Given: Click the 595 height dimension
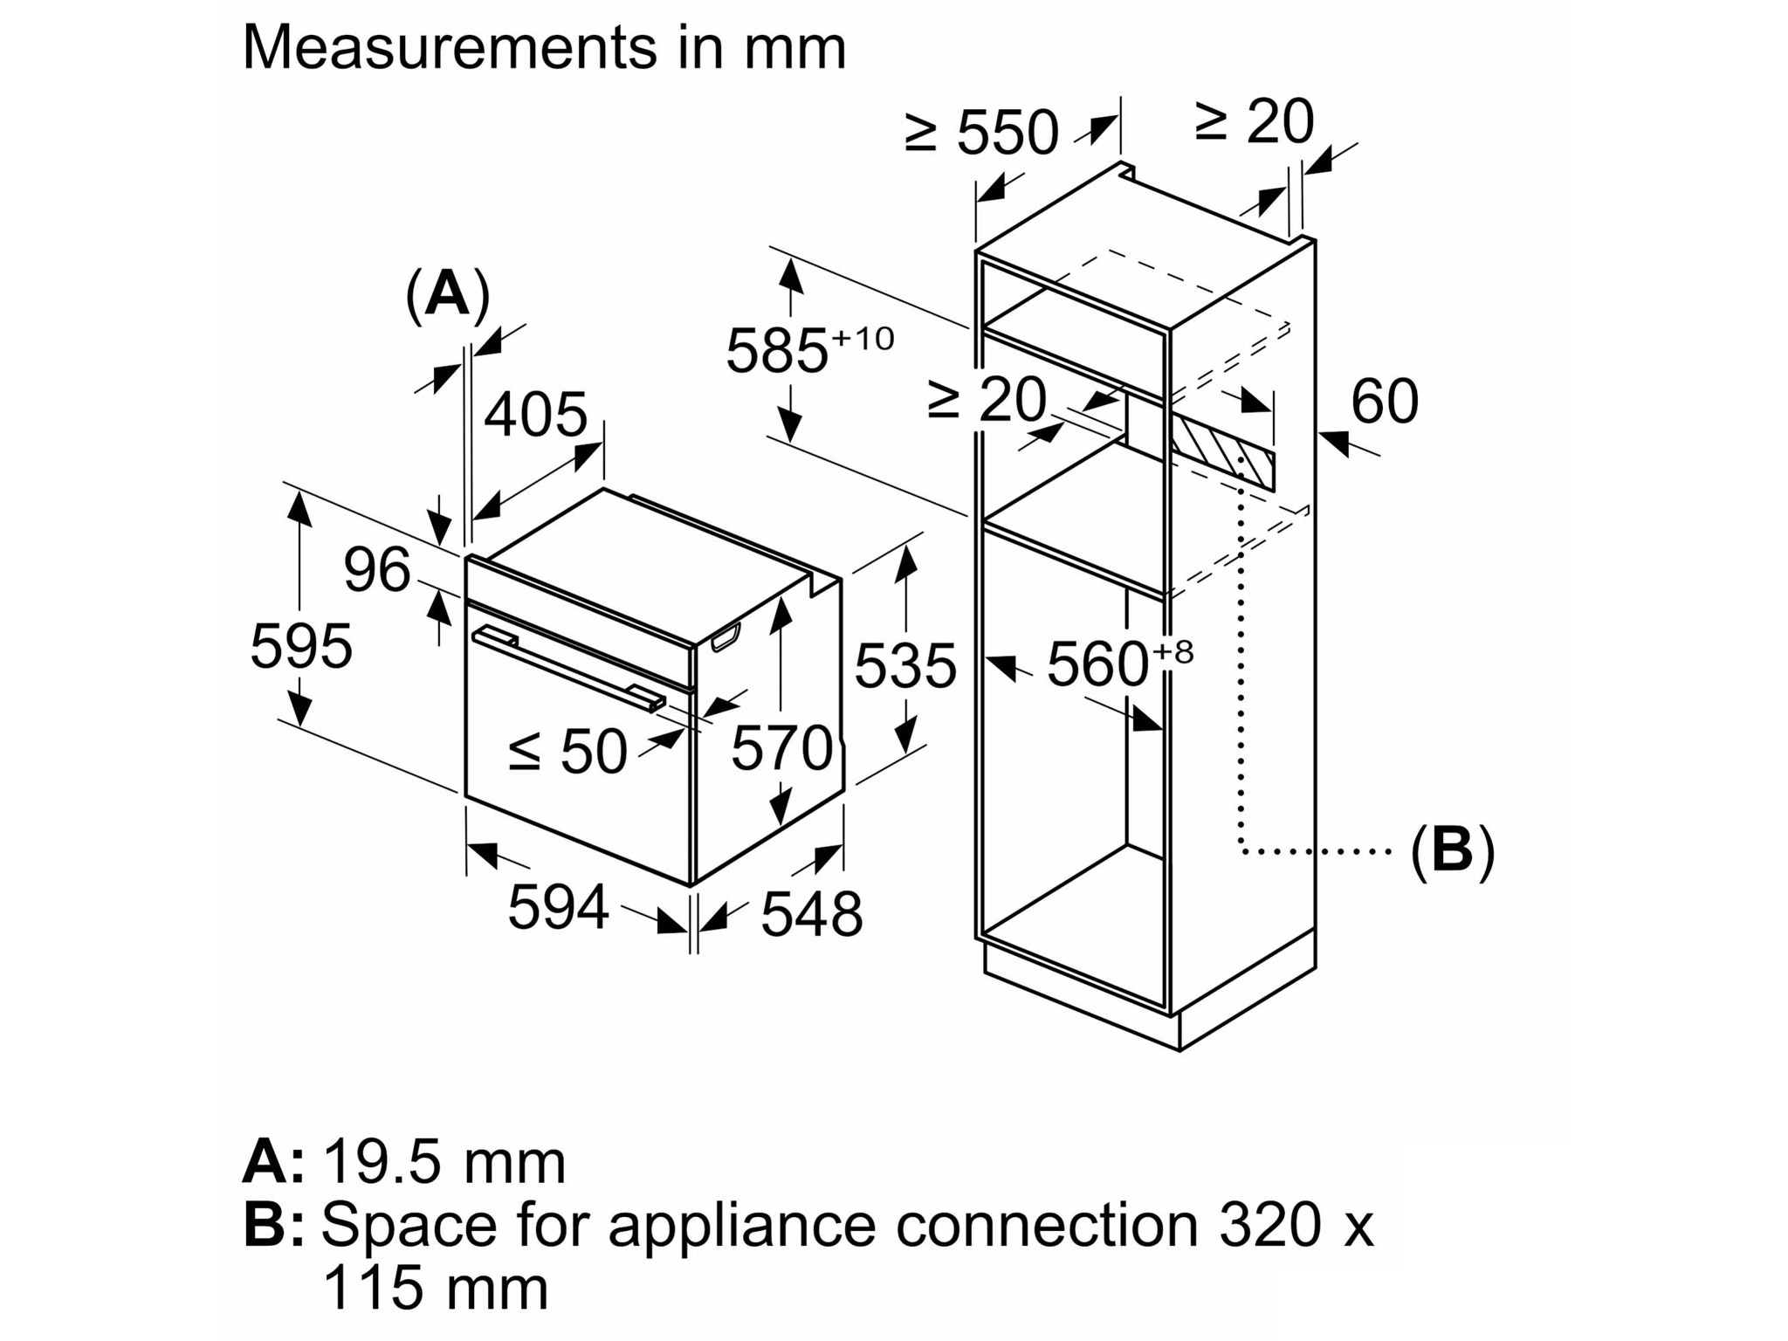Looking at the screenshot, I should click(301, 646).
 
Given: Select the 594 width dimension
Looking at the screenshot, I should click(558, 907).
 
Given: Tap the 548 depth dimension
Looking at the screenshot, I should click(812, 915).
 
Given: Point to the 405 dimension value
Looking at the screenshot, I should click(535, 415).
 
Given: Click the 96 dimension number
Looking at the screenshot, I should click(376, 570).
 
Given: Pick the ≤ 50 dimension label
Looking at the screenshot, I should click(567, 751).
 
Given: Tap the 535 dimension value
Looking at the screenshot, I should click(905, 666).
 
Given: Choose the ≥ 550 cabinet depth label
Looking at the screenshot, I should click(981, 133).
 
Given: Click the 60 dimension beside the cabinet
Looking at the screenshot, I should click(1384, 402).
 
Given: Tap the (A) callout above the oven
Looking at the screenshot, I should click(447, 295).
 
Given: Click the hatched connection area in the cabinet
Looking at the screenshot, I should click(1222, 453).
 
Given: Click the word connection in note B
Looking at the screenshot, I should click(1046, 1225).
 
